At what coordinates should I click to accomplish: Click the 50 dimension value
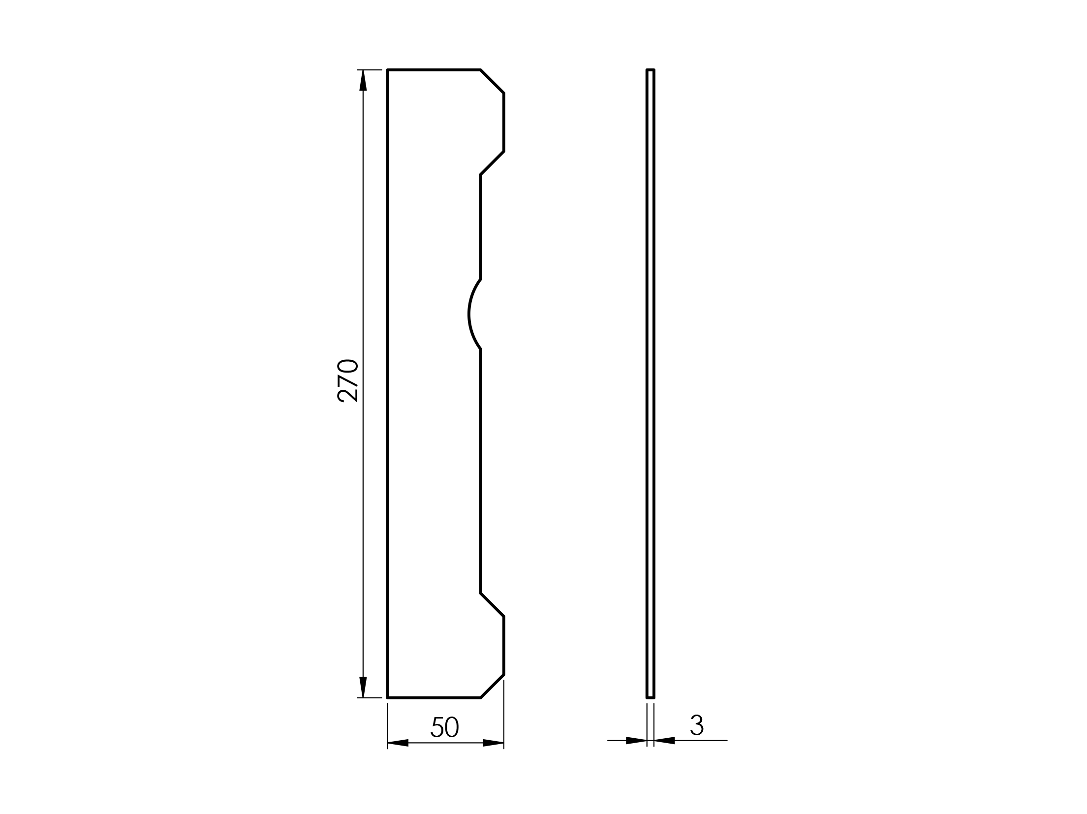coord(445,727)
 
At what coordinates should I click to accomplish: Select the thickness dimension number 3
coord(697,725)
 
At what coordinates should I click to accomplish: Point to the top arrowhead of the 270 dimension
coord(363,81)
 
